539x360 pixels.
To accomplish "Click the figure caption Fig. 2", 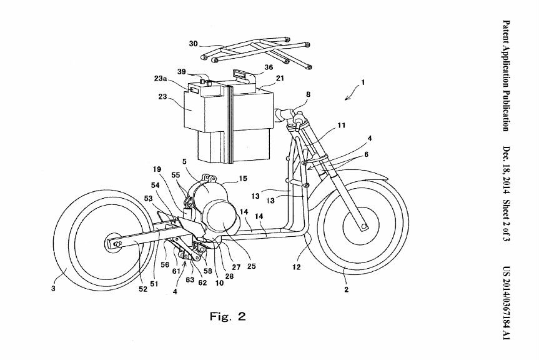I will pos(227,316).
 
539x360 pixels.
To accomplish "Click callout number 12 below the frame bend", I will pos(296,267).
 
